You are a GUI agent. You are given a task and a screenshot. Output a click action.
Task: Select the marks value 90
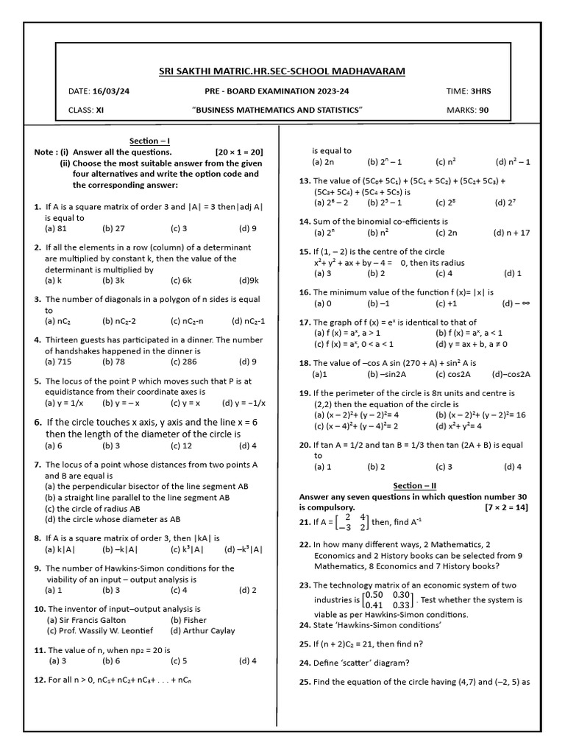pyautogui.click(x=483, y=110)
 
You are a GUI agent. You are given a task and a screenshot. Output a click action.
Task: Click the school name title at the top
pyautogui.click(x=282, y=71)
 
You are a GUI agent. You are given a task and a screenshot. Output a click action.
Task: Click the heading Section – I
pyautogui.click(x=150, y=141)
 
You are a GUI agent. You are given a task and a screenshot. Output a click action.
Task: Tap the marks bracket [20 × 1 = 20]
pyautogui.click(x=239, y=152)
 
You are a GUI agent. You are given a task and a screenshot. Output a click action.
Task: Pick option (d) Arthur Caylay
pyautogui.click(x=202, y=630)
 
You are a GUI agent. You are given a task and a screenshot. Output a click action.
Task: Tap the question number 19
pyautogui.click(x=305, y=394)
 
